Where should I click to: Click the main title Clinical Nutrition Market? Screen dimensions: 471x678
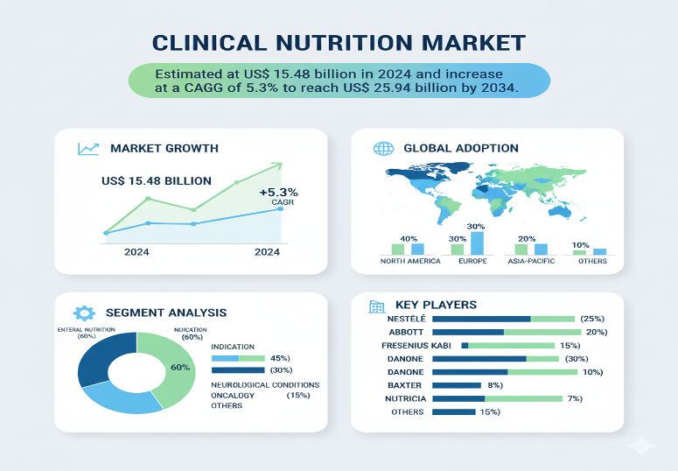339,42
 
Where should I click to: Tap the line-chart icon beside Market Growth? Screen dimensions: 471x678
88,149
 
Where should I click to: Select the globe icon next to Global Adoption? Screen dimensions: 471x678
383,148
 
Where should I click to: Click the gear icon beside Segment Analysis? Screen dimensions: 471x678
84,313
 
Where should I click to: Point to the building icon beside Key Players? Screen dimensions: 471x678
377,306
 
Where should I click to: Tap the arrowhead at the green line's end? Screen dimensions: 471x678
278,165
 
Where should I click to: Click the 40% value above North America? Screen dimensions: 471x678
408,238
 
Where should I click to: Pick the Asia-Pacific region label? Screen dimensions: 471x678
530,261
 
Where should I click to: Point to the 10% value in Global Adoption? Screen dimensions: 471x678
581,244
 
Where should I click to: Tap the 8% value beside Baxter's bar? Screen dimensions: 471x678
494,384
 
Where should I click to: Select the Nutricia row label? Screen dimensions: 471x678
405,398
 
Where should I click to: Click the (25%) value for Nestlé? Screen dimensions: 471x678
592,319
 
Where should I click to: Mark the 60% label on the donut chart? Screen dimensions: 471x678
180,367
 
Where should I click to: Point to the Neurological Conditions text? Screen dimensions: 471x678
265,384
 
